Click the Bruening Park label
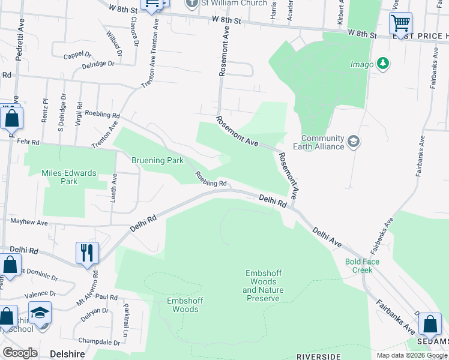(157, 161)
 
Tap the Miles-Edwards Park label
(68, 177)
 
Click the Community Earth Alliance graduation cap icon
(354, 141)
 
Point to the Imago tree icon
(382, 64)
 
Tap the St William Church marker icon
(191, 3)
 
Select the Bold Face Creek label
(359, 266)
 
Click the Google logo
(20, 353)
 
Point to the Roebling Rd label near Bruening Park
(210, 179)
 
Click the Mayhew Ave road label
(29, 222)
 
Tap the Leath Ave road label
(113, 189)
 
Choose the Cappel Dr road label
(76, 55)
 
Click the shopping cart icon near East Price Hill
(400, 24)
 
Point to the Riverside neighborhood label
(318, 356)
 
